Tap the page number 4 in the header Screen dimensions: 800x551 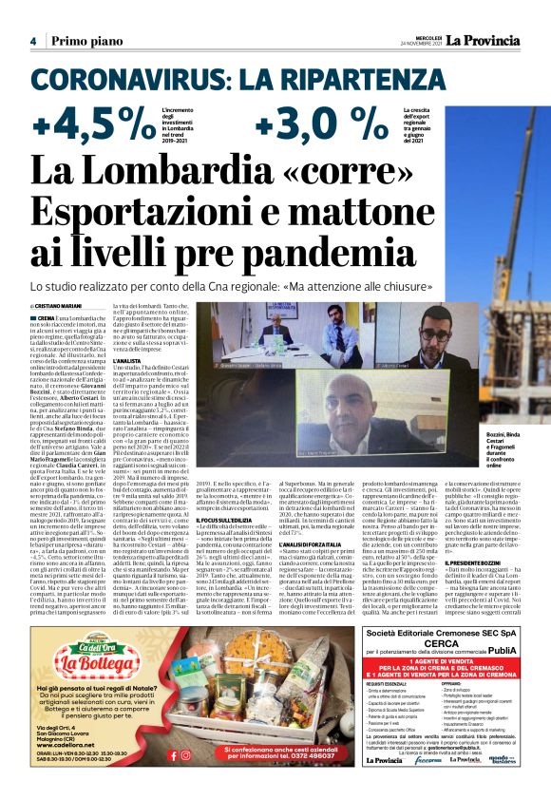tap(33, 41)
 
